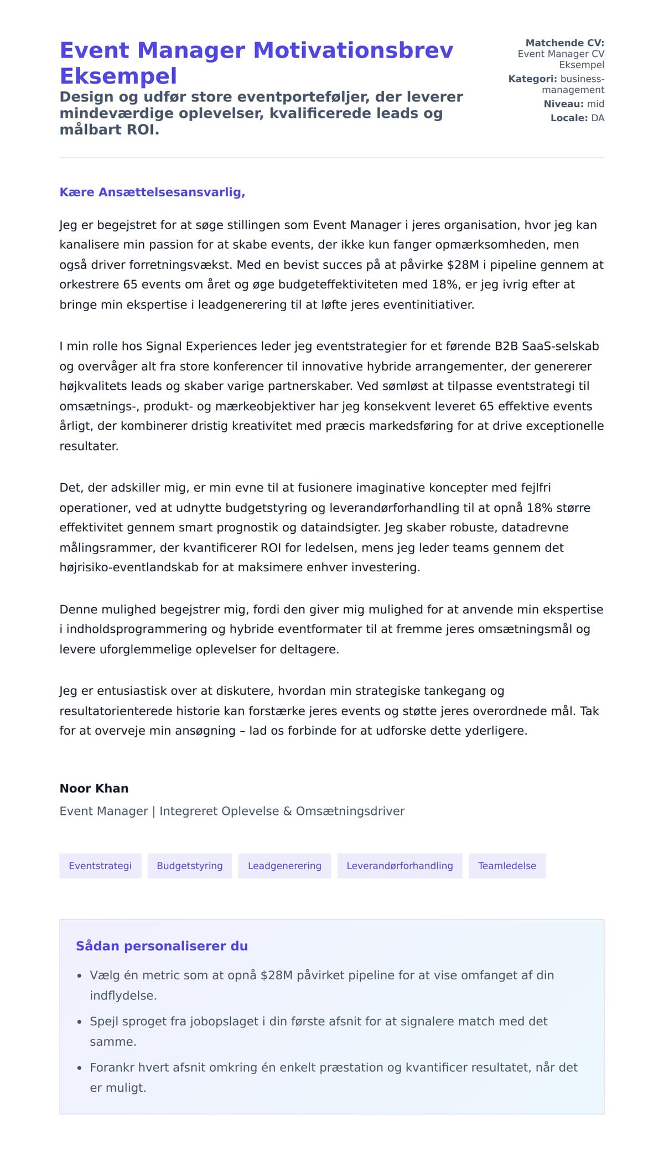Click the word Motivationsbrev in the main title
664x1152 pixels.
[x=353, y=50]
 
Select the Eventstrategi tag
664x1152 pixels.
[x=100, y=866]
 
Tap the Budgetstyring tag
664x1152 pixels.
[x=190, y=866]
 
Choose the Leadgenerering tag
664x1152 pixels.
[x=284, y=866]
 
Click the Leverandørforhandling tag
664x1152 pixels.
[x=400, y=866]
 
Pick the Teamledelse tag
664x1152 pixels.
[x=507, y=866]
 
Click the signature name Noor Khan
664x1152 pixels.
[x=94, y=788]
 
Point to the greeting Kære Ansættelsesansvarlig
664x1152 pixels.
[x=152, y=192]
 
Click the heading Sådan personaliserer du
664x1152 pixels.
[x=162, y=946]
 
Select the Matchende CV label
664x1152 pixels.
[x=564, y=43]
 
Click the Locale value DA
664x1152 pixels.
[x=598, y=118]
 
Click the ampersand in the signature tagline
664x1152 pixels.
[x=287, y=812]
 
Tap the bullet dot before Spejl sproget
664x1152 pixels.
[x=79, y=1022]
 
